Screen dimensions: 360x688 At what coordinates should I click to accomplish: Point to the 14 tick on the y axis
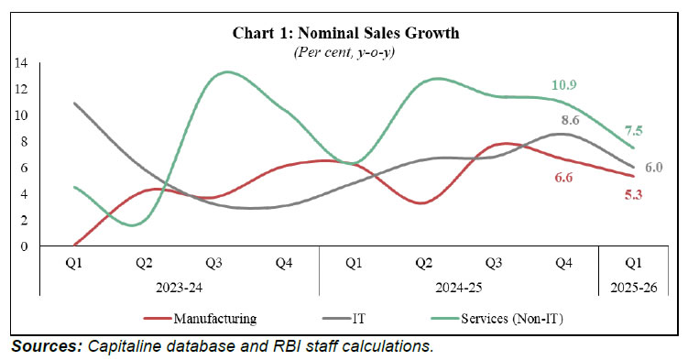[x=21, y=63]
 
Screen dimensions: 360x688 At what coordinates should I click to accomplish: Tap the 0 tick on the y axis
[x=24, y=246]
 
